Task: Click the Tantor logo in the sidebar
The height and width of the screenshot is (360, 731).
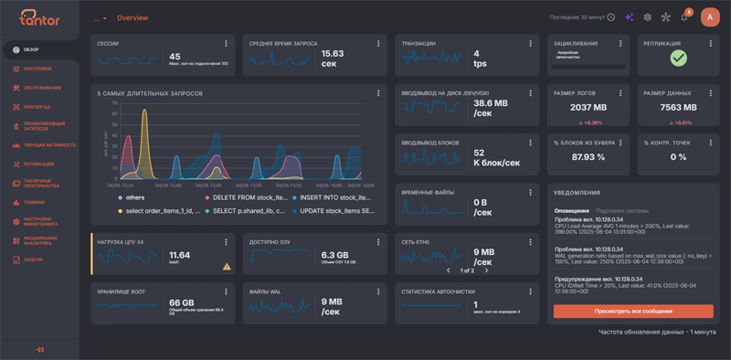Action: pos(38,17)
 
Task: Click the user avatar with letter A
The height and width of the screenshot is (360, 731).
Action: pos(710,17)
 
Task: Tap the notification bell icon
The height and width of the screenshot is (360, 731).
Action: pos(684,17)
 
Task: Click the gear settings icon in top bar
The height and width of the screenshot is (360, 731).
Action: pos(647,17)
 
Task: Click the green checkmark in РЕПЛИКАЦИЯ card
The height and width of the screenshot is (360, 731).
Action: pos(678,58)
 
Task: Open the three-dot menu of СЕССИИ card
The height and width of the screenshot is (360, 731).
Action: pos(226,43)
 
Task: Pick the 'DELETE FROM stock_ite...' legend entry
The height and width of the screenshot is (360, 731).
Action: pos(246,197)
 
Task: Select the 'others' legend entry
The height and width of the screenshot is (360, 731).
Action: pos(135,197)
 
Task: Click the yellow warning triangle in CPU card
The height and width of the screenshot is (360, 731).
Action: pos(226,266)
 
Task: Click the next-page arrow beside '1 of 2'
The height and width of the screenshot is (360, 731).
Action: pos(487,270)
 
